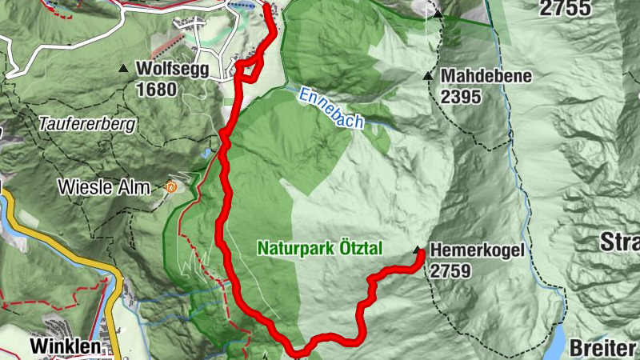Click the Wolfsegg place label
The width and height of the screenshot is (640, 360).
click(x=173, y=69)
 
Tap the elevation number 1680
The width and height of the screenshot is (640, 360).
click(x=156, y=89)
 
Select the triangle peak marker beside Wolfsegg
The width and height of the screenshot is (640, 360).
click(x=123, y=70)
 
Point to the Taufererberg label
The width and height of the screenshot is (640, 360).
click(x=88, y=125)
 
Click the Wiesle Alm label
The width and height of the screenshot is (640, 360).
click(x=104, y=189)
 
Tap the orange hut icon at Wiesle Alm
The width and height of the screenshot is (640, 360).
click(x=169, y=187)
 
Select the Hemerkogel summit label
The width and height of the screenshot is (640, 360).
click(x=477, y=250)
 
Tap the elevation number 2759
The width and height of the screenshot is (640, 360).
click(x=450, y=271)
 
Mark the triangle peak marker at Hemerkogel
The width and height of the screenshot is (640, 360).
click(x=418, y=250)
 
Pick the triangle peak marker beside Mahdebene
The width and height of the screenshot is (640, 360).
click(x=428, y=77)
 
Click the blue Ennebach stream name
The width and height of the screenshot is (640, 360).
click(x=330, y=108)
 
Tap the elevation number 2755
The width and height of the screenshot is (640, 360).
click(x=565, y=10)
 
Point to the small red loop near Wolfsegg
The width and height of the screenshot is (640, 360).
click(x=250, y=70)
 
